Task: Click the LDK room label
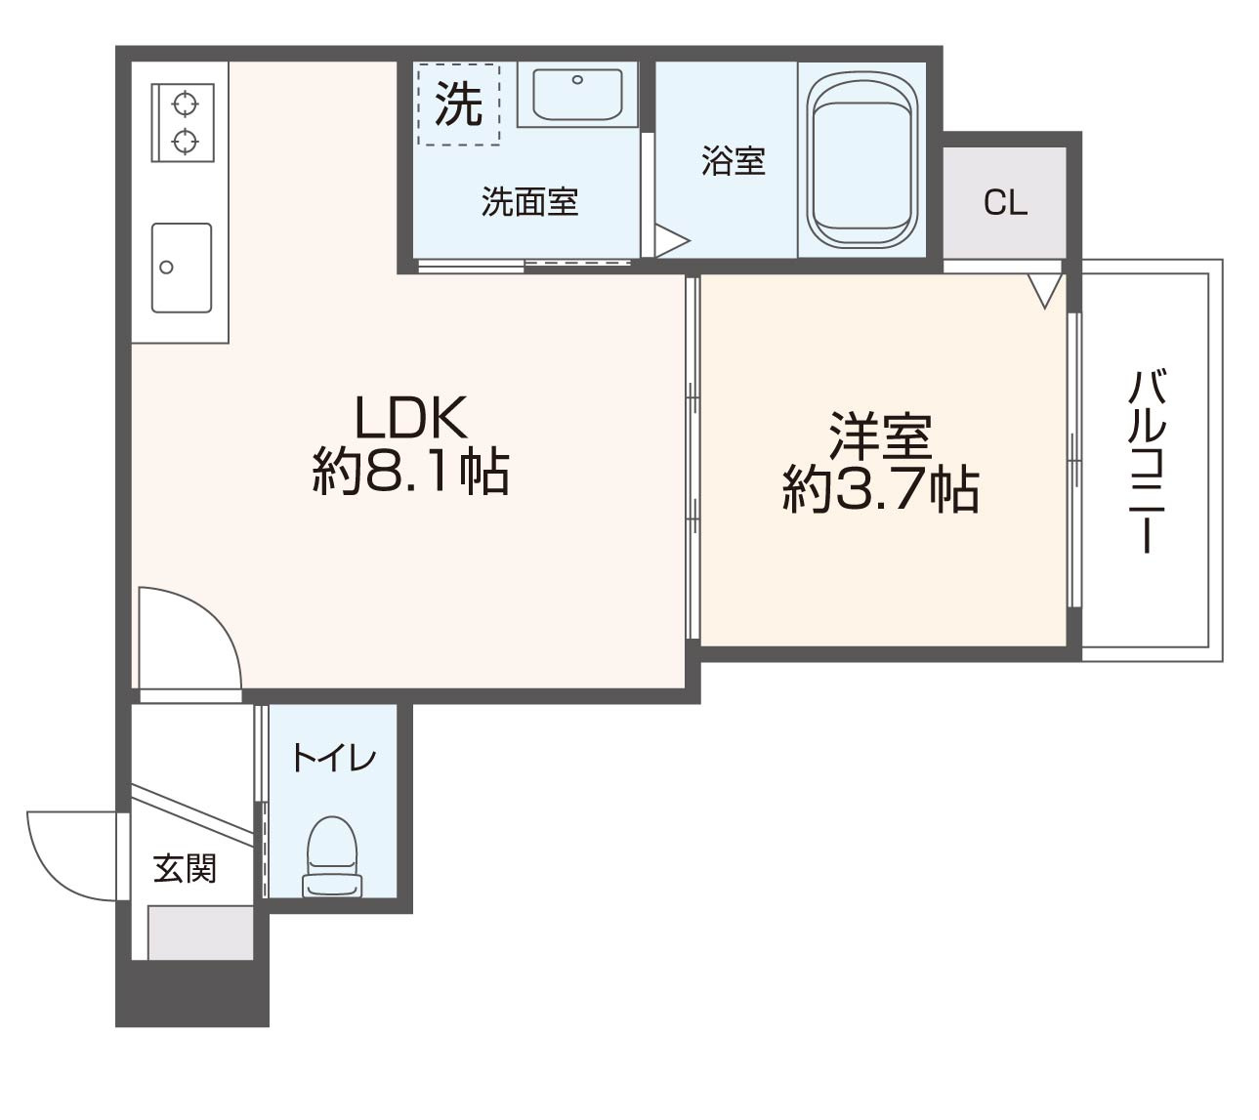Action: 411,419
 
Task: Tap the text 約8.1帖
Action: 411,473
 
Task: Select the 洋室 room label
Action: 880,436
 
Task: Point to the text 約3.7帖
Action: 880,490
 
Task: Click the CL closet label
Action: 1005,203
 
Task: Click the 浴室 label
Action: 733,161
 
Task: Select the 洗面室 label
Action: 529,202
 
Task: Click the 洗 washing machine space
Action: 458,104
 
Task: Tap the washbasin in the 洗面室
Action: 576,95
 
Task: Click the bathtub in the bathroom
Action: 862,162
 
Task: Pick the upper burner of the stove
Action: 184,102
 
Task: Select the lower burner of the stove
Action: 184,142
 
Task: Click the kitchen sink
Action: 182,268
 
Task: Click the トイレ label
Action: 333,759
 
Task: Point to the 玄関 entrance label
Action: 185,868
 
